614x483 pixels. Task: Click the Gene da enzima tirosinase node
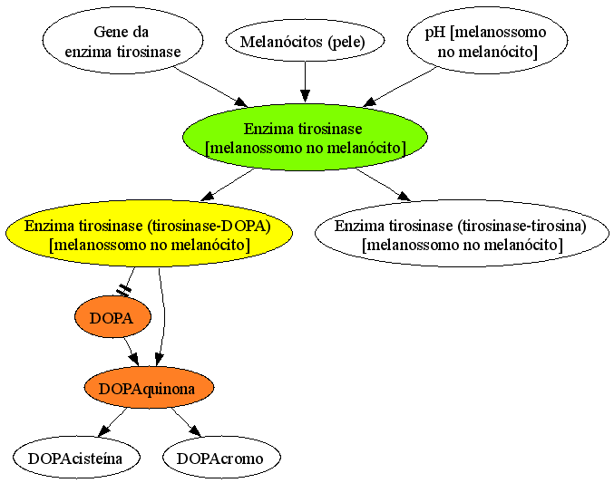click(x=122, y=40)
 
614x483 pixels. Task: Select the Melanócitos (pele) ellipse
click(x=305, y=41)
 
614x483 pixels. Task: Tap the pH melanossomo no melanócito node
click(x=487, y=40)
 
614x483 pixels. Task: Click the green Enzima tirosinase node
click(x=305, y=137)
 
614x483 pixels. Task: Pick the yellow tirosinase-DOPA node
click(x=150, y=234)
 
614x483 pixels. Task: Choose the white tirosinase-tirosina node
click(x=462, y=234)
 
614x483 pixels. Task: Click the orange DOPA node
click(x=112, y=316)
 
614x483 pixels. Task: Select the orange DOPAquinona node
click(x=149, y=388)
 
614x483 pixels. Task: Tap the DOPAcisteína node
click(x=76, y=458)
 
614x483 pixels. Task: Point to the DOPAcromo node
click(x=221, y=458)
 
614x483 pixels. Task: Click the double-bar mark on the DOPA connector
click(x=123, y=290)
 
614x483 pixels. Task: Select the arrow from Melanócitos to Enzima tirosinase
click(x=305, y=82)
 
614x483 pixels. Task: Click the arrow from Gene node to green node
click(x=210, y=87)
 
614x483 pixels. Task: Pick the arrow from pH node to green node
click(x=399, y=87)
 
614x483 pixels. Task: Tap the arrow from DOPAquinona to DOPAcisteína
click(x=112, y=422)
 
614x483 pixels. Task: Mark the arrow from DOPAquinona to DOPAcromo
click(x=187, y=422)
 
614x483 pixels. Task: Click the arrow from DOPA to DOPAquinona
click(x=132, y=352)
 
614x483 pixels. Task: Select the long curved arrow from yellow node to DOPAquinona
click(x=162, y=317)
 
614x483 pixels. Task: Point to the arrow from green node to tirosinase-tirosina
click(x=383, y=184)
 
